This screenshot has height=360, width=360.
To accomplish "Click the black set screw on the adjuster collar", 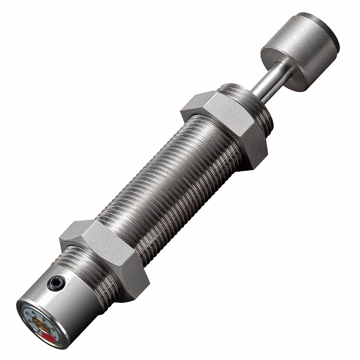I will [56, 283].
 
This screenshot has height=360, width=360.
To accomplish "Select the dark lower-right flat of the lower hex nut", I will [134, 280].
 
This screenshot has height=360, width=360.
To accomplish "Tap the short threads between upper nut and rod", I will [256, 104].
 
